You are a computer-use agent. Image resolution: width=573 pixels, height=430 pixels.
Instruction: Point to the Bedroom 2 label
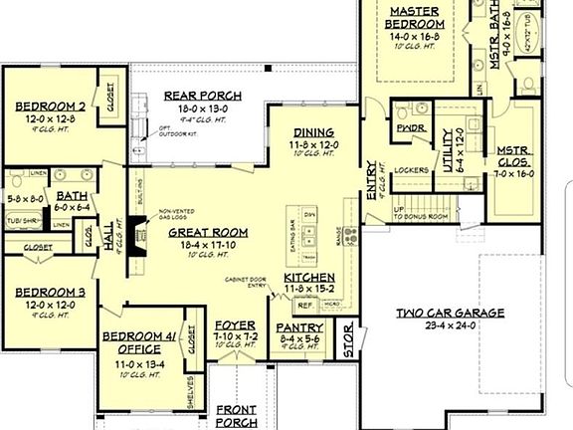pos(48,105)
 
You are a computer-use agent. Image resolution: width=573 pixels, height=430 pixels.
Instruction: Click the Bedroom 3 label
pos(48,293)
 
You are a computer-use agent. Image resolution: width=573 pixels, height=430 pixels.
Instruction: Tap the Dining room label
pos(314,132)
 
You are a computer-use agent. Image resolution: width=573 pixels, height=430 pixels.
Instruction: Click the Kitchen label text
pos(308,278)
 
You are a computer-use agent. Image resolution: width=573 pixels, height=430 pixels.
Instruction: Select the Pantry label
pos(298,326)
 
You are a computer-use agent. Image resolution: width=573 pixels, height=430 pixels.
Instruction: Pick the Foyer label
pos(236,325)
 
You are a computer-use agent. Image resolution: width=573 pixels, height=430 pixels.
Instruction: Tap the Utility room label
pos(447,144)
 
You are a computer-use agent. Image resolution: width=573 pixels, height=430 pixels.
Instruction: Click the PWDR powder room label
pos(405,128)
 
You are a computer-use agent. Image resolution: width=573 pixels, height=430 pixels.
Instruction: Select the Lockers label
pos(411,170)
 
